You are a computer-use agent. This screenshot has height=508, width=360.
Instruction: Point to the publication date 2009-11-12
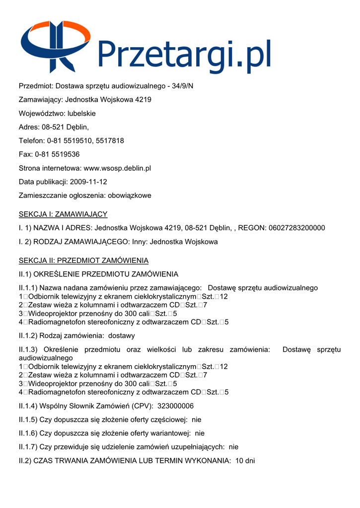[89, 182]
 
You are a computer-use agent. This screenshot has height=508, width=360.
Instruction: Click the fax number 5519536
[64, 154]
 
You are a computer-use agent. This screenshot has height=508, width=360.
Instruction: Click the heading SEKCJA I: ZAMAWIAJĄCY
[63, 214]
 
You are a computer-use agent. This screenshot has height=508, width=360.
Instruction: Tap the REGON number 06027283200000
[296, 228]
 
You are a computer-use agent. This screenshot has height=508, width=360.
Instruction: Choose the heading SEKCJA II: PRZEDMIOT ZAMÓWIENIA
[83, 260]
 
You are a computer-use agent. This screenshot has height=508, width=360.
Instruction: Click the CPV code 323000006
[175, 406]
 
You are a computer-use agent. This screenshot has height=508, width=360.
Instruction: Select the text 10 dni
[245, 460]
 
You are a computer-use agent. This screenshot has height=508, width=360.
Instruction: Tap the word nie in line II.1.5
[197, 420]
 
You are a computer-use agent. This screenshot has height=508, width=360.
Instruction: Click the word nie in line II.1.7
[233, 446]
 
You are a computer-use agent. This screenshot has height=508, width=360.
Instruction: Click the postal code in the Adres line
[53, 127]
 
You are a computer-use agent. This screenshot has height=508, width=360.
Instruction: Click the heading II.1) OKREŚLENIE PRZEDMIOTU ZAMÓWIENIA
[98, 274]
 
